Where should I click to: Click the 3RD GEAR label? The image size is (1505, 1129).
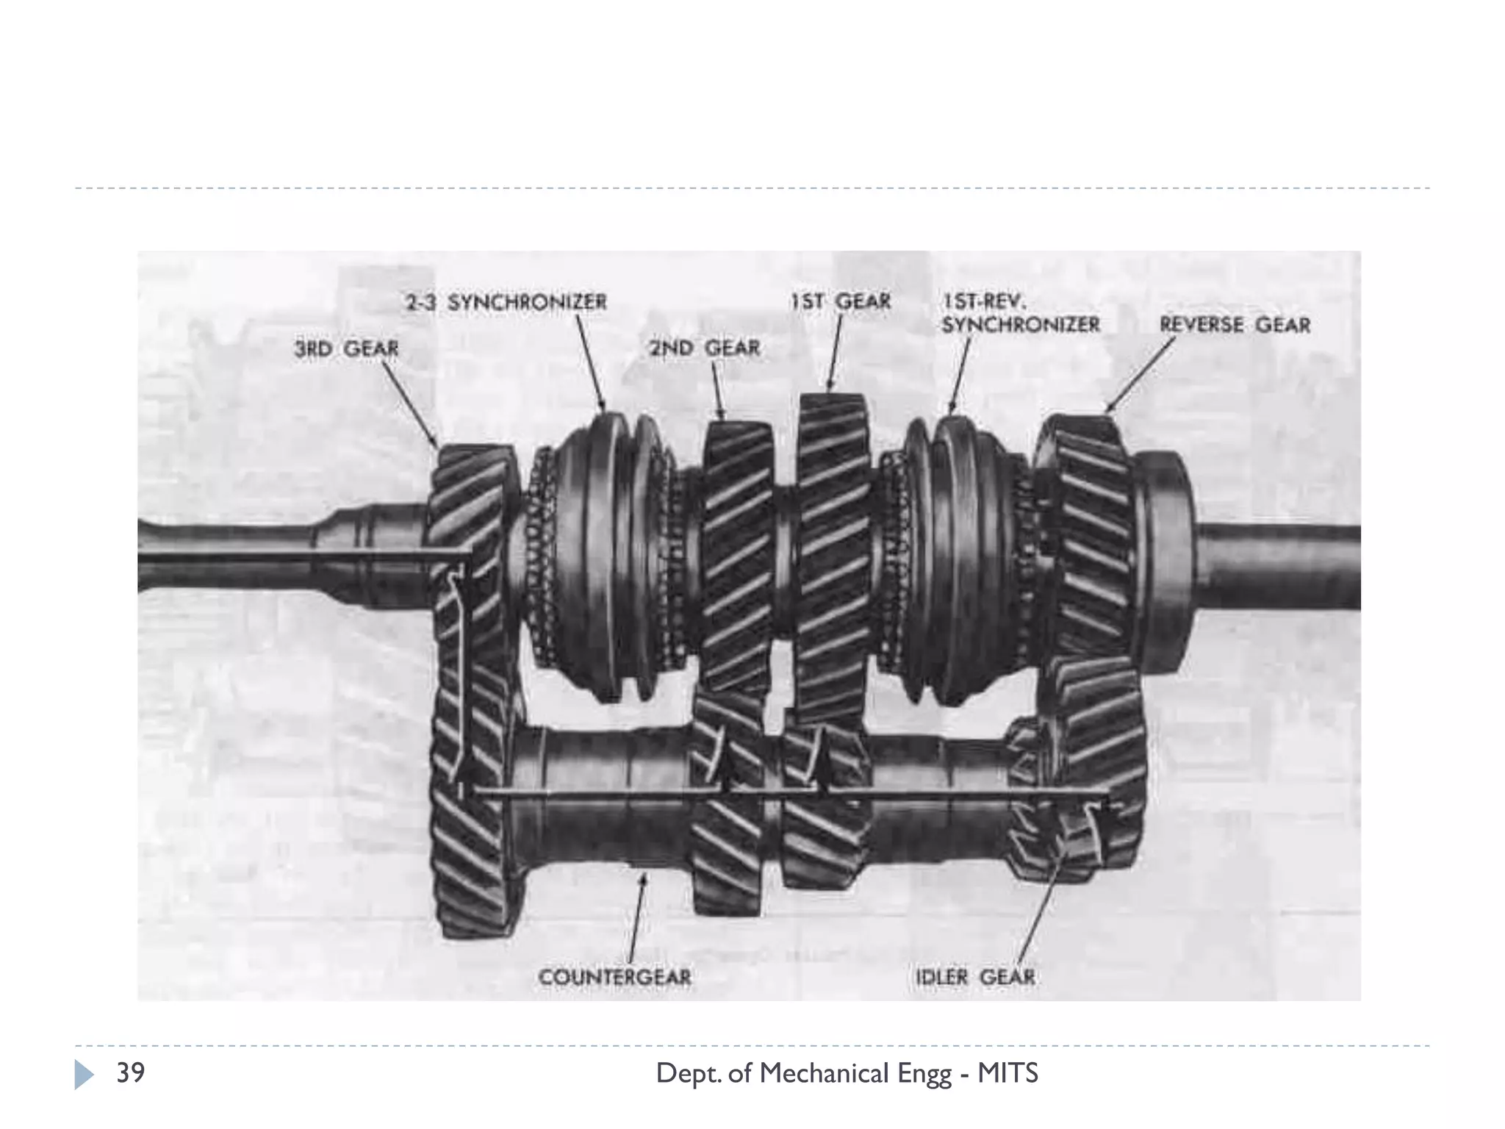point(346,348)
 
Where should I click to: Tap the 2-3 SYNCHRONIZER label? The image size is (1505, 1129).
point(506,302)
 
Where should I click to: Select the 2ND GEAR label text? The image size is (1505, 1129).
point(704,348)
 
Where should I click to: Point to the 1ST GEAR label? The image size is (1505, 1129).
point(841,301)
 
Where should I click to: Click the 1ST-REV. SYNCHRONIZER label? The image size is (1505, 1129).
point(1021,313)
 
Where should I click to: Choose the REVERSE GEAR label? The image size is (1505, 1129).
point(1235,325)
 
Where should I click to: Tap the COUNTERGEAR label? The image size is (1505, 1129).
point(615,978)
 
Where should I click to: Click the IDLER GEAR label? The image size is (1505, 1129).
point(975,978)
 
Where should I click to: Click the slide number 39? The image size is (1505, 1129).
point(131,1073)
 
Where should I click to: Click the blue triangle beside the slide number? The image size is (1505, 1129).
point(84,1075)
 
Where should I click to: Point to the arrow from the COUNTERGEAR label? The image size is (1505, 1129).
point(636,917)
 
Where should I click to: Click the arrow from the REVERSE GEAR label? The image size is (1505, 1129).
point(1141,373)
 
